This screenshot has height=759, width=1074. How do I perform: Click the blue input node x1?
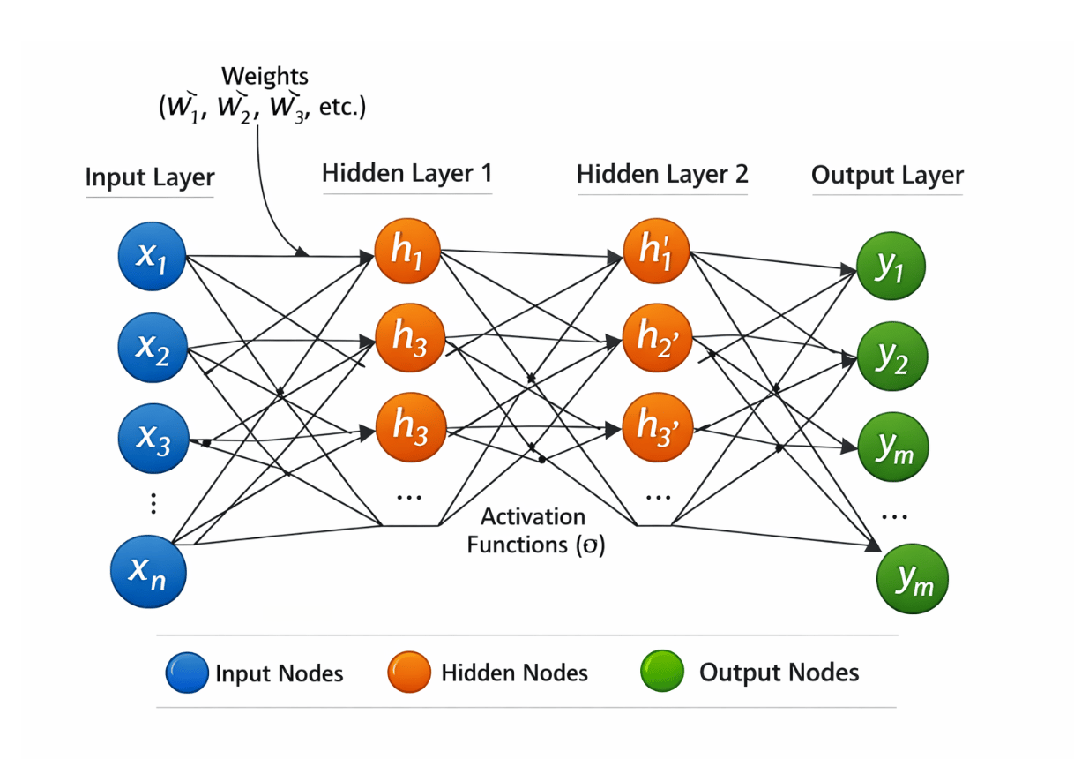(x=152, y=256)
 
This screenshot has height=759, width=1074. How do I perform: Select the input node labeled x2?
(x=153, y=348)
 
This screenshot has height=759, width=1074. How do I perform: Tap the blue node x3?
(x=153, y=439)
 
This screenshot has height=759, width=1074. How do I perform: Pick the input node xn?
(x=149, y=571)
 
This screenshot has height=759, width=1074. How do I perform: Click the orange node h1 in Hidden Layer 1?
(x=407, y=251)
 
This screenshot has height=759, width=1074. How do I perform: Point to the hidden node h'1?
(x=656, y=251)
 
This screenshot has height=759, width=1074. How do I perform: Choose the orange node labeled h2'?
(x=657, y=338)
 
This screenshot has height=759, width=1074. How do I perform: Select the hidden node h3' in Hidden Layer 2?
(x=658, y=427)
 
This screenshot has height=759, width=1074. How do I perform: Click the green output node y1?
(x=891, y=267)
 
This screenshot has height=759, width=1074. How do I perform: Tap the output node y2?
(x=892, y=357)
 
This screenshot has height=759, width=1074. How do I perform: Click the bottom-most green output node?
(x=913, y=579)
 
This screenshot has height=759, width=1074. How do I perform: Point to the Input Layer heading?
(x=150, y=177)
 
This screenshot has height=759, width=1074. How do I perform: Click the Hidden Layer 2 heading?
(x=662, y=174)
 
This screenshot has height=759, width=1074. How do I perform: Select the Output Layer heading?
(x=887, y=175)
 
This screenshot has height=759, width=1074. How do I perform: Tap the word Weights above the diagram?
(x=265, y=76)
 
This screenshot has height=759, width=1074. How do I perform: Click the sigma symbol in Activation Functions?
(x=590, y=545)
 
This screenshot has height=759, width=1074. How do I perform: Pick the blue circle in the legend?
(x=187, y=673)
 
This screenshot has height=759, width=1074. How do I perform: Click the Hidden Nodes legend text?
(x=514, y=673)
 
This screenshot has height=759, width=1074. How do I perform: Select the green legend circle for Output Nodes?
(x=661, y=671)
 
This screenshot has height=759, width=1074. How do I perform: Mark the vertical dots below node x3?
(x=153, y=503)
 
